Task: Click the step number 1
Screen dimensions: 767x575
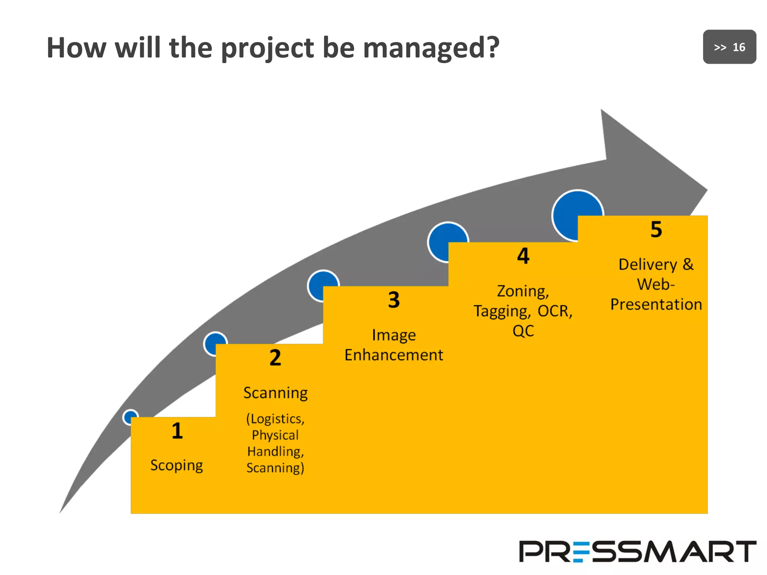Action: pyautogui.click(x=177, y=431)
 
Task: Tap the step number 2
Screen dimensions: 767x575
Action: pyautogui.click(x=275, y=358)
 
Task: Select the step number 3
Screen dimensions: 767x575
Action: pyautogui.click(x=394, y=300)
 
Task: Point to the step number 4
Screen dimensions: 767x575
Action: pyautogui.click(x=523, y=256)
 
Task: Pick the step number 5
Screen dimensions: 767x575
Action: pyautogui.click(x=656, y=229)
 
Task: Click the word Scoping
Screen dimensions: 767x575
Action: pyautogui.click(x=177, y=466)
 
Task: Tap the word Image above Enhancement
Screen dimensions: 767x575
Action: pyautogui.click(x=394, y=335)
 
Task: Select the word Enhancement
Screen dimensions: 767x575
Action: pyautogui.click(x=394, y=355)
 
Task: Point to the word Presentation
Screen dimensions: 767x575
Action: pyautogui.click(x=656, y=304)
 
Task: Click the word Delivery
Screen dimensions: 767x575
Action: pyautogui.click(x=648, y=265)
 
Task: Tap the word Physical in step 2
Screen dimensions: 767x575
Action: pyautogui.click(x=275, y=435)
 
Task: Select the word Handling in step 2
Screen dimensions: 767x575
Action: pyautogui.click(x=275, y=451)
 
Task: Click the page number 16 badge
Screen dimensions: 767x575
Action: pyautogui.click(x=730, y=47)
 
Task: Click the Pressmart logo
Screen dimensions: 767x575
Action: pyautogui.click(x=637, y=551)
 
